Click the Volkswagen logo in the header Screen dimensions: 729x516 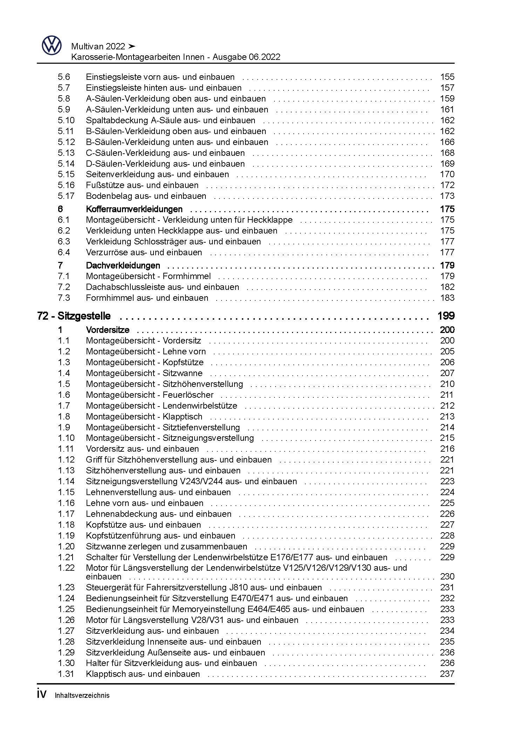52,46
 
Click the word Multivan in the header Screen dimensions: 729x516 87,47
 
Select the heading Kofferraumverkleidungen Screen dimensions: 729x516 134,209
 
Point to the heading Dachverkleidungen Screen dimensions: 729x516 123,266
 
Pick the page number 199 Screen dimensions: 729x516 446,316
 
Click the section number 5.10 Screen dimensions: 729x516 66,120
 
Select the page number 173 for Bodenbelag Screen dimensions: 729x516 447,196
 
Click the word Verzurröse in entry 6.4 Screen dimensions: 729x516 104,252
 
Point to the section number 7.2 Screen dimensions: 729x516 64,287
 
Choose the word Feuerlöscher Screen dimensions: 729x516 188,395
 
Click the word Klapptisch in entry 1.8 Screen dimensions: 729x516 182,417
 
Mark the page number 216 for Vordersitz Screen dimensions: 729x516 447,449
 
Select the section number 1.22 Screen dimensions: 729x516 66,568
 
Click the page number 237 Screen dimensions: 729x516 447,674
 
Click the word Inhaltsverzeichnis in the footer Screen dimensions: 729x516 82,695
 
